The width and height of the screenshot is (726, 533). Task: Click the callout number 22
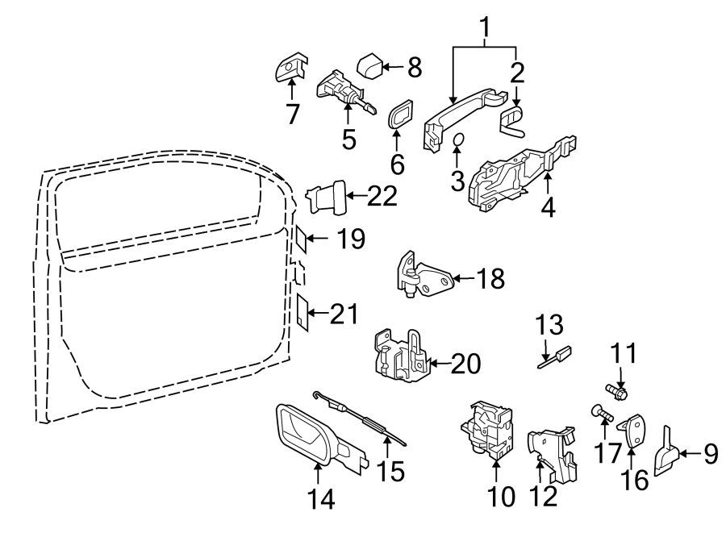[382, 195]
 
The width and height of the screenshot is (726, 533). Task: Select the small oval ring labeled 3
[457, 141]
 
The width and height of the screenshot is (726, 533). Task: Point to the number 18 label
[490, 279]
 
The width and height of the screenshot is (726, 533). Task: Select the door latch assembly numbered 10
[488, 428]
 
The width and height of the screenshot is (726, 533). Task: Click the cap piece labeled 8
[371, 65]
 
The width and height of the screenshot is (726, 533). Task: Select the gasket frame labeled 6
[400, 117]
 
